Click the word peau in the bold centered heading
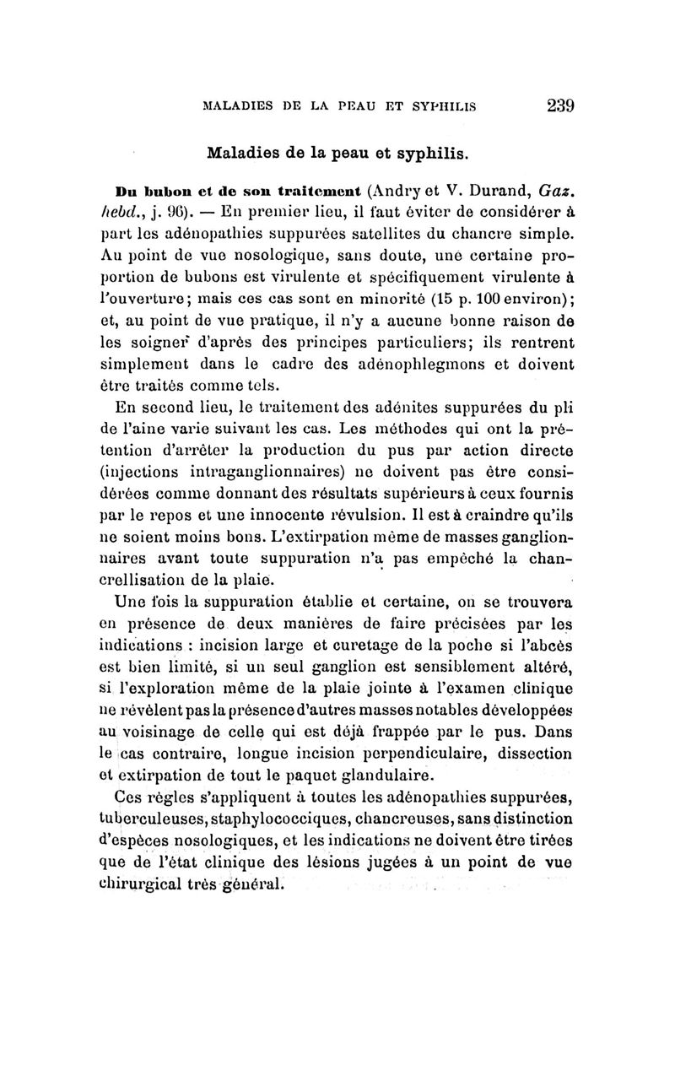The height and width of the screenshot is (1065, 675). click(346, 155)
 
